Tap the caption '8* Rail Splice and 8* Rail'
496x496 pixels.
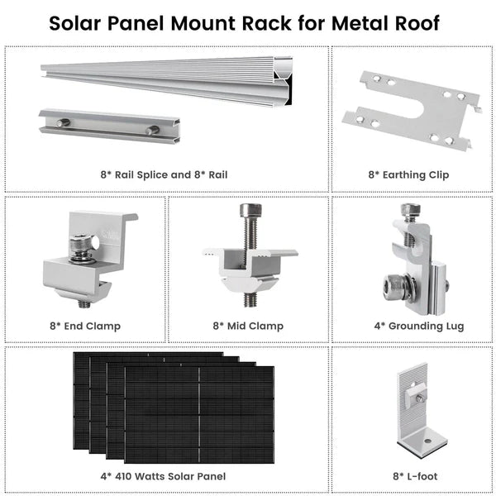(x=164, y=174)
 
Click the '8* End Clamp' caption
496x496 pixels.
(x=85, y=326)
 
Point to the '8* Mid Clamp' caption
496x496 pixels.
(x=248, y=326)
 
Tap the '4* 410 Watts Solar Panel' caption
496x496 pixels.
(x=164, y=477)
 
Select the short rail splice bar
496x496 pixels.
(x=107, y=125)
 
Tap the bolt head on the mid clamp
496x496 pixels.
(x=248, y=211)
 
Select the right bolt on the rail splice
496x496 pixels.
(x=152, y=131)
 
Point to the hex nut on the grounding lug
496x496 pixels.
(x=394, y=290)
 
